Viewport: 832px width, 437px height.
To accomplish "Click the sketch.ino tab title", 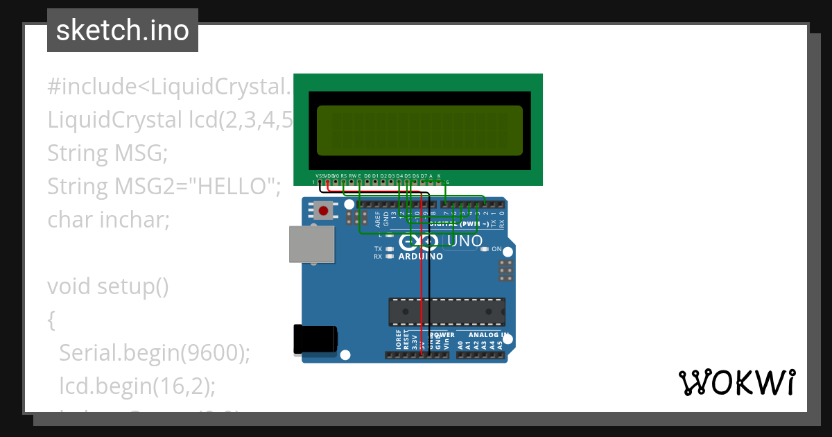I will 123,31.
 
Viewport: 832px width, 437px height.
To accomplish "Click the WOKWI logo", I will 736,382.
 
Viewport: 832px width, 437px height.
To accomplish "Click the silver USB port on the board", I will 310,245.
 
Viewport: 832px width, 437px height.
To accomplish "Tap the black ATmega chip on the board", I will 447,311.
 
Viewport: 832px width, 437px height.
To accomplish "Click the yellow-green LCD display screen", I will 419,130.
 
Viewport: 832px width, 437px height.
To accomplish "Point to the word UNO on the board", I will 465,241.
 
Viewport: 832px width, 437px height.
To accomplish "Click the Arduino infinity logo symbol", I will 419,241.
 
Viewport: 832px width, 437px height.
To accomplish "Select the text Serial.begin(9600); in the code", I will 154,353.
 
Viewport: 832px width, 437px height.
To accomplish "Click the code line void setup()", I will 108,286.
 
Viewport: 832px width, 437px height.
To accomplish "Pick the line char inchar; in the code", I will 109,220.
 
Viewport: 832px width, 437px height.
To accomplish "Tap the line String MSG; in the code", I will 107,153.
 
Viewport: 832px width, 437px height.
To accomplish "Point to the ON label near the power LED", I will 496,248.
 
